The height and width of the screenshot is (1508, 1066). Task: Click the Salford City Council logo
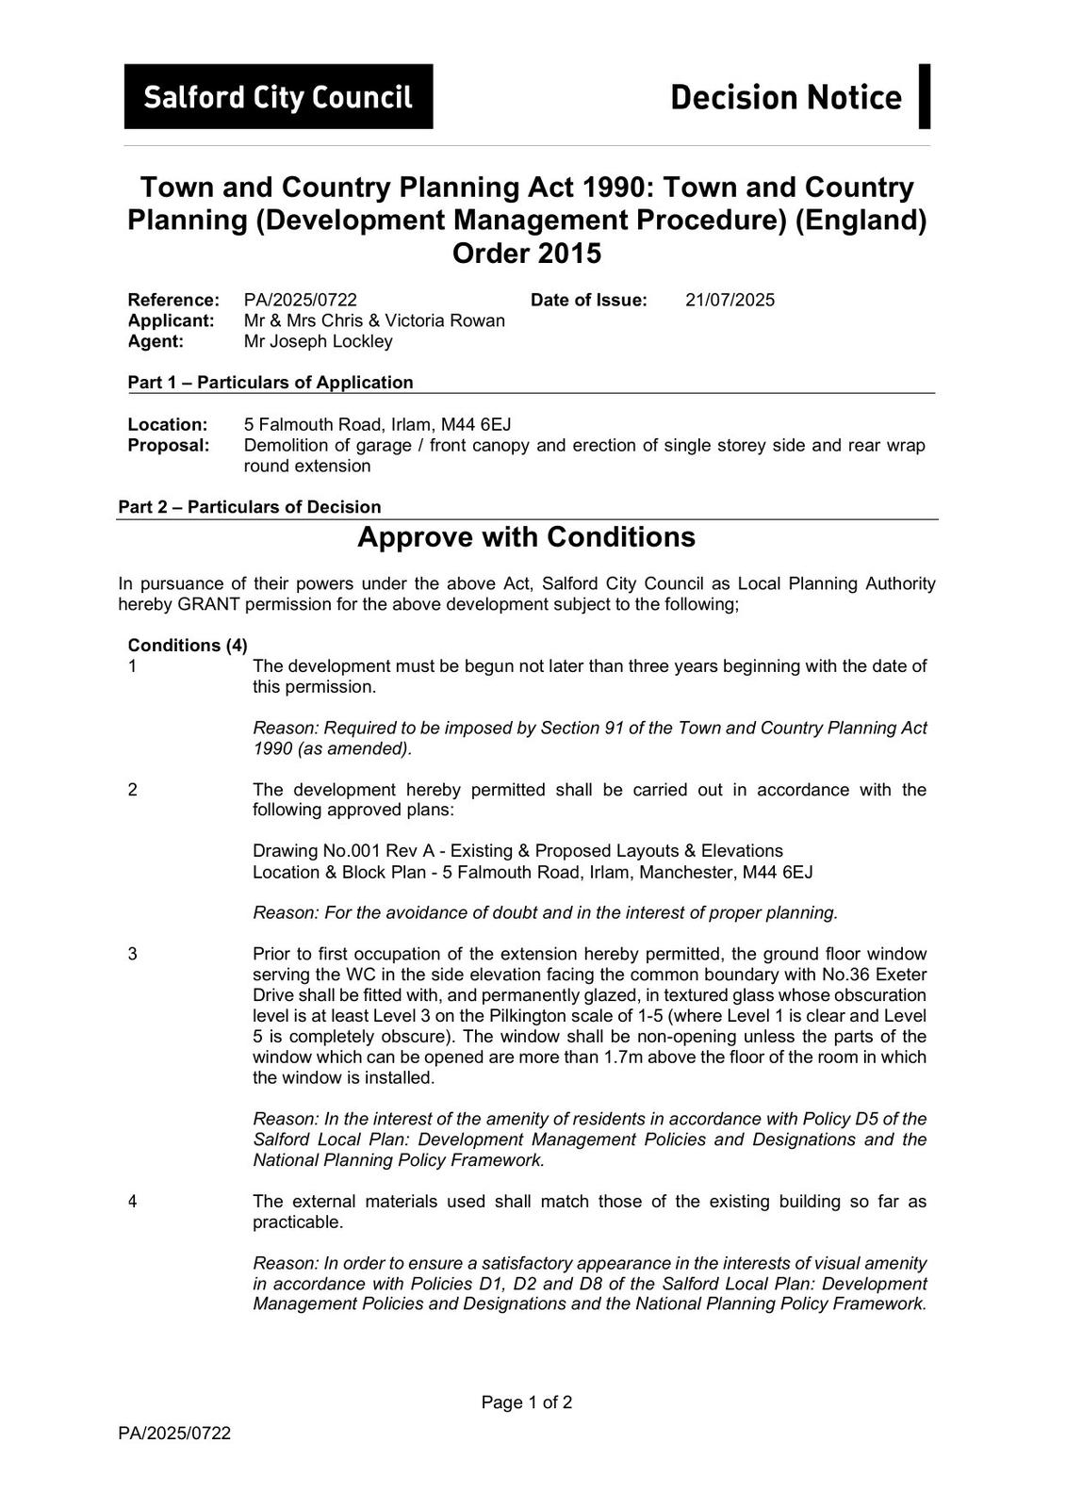(x=278, y=97)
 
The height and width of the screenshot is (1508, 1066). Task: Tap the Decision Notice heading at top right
(x=785, y=97)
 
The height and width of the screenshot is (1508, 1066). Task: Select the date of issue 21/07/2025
(x=730, y=301)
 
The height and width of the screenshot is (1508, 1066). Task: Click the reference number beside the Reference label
(x=300, y=301)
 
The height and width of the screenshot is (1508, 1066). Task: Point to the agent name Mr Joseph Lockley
(x=318, y=341)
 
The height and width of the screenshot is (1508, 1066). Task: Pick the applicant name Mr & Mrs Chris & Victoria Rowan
(x=374, y=320)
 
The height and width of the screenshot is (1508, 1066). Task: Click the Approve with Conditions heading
(x=526, y=537)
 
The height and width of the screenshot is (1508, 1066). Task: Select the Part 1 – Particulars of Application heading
(x=271, y=383)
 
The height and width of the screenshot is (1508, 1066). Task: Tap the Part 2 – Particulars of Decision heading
(x=250, y=507)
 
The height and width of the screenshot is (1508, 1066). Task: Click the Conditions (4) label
(x=188, y=646)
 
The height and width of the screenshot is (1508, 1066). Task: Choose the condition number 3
(x=133, y=954)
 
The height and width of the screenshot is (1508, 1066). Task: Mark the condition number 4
(x=133, y=1202)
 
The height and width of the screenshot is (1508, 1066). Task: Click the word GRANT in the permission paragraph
(x=207, y=604)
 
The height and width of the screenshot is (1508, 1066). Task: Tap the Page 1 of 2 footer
(x=526, y=1402)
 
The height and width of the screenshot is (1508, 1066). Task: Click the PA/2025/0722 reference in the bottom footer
(x=174, y=1434)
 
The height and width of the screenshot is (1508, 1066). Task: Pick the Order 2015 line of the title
(x=526, y=254)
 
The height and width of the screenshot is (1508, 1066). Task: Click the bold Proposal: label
(x=169, y=445)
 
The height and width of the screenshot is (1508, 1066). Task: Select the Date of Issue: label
(x=588, y=301)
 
